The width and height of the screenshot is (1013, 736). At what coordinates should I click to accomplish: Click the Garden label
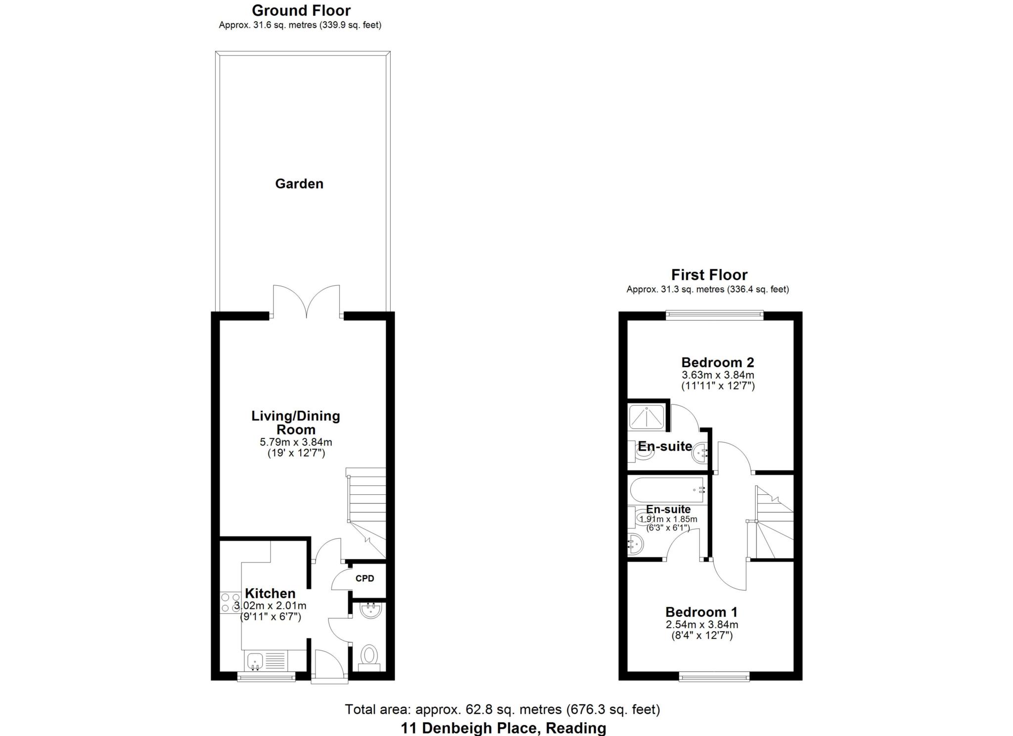point(299,184)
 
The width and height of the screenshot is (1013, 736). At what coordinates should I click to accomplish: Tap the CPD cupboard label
point(365,578)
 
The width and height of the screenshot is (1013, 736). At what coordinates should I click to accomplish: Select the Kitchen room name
point(270,593)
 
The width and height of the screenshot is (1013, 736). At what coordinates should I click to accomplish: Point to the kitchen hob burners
point(230,603)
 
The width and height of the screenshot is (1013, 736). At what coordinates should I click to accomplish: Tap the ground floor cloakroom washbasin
point(370,611)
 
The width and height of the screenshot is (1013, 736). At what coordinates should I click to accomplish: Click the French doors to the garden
point(307,302)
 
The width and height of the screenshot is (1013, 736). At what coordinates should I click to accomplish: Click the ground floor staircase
point(367,509)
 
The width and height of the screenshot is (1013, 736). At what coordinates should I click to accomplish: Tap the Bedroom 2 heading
point(717,362)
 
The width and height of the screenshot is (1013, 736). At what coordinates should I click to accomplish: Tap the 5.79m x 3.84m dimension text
point(296,442)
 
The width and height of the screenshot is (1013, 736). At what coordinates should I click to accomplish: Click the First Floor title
point(709,275)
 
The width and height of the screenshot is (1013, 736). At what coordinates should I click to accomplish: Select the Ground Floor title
point(301,10)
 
